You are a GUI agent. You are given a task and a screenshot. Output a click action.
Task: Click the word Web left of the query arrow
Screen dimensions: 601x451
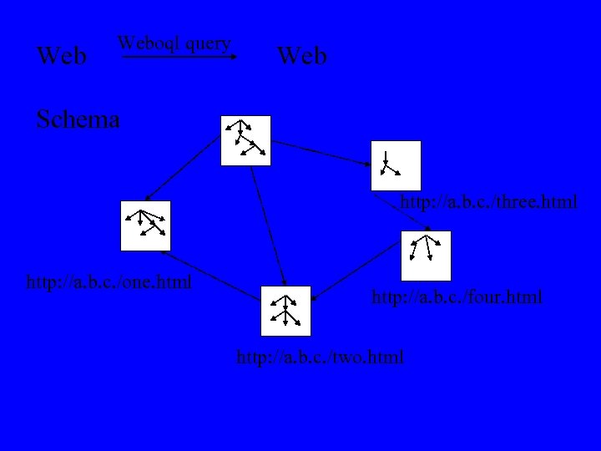click(x=63, y=57)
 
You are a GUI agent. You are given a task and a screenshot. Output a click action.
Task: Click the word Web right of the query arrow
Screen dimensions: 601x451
click(x=302, y=57)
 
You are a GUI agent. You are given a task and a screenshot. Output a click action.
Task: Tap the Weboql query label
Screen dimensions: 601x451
click(x=174, y=43)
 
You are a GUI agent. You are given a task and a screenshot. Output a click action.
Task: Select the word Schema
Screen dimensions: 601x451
click(x=78, y=119)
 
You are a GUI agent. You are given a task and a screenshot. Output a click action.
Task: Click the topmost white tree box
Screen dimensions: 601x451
click(x=245, y=140)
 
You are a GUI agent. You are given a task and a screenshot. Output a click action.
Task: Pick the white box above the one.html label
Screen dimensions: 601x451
click(x=145, y=225)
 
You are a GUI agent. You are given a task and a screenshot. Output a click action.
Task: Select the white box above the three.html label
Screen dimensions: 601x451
click(x=396, y=165)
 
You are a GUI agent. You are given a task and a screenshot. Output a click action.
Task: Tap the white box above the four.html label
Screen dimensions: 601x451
click(x=426, y=256)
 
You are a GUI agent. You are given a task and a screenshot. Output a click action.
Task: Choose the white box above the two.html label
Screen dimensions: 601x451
click(x=285, y=311)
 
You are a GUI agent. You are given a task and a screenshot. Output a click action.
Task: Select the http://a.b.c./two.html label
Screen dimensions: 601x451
click(x=321, y=357)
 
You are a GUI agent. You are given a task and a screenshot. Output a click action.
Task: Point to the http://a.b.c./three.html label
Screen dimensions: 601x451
click(x=489, y=202)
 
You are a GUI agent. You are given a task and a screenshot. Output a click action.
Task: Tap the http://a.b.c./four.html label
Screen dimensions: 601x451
click(x=457, y=296)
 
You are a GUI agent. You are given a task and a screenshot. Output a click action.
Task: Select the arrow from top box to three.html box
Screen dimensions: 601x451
click(x=322, y=152)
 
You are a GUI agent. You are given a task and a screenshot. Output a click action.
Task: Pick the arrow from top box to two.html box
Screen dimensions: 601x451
click(x=269, y=225)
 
